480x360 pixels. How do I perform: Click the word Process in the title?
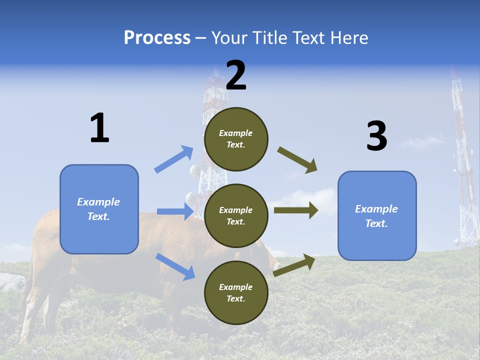(157, 38)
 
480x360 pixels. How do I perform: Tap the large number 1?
(99, 128)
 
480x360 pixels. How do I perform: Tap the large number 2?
(236, 75)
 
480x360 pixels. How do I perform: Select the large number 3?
(376, 136)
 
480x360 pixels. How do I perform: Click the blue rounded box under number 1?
(99, 209)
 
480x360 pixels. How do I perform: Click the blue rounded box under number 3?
(377, 216)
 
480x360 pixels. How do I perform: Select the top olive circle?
(236, 139)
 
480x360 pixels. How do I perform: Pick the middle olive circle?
(236, 215)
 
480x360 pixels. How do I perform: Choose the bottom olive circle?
(236, 292)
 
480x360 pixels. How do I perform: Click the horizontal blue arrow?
(175, 211)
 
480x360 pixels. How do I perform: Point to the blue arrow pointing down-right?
(175, 266)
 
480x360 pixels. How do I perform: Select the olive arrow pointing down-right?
(297, 160)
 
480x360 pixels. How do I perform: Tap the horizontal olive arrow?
(296, 210)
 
